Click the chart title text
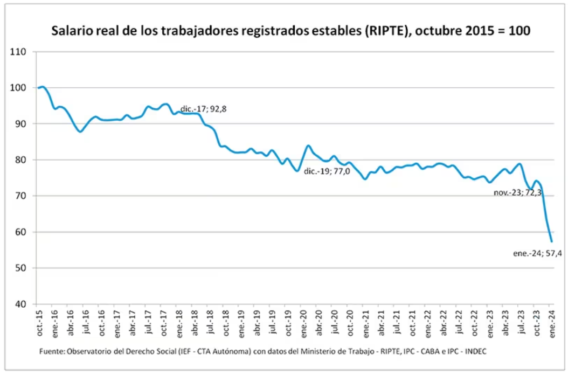coord(291,31)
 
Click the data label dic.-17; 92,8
coord(203,109)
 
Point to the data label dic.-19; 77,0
coord(327,171)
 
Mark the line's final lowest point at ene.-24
coord(551,241)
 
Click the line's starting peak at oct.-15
coord(42,87)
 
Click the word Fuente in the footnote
coord(51,351)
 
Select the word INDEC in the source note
coord(475,351)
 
